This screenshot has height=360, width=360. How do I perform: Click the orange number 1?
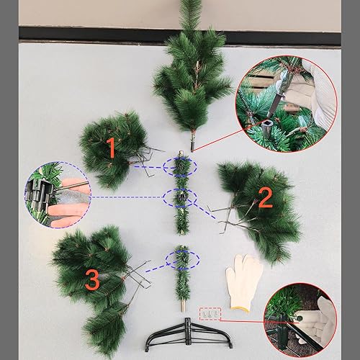112,148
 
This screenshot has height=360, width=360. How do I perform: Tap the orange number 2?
266,198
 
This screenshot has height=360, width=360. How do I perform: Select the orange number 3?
92,279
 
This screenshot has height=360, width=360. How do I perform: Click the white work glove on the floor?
244,283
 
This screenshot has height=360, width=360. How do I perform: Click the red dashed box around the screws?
210,314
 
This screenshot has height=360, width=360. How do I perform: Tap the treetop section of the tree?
192,72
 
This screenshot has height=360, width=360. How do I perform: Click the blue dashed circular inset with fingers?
58,194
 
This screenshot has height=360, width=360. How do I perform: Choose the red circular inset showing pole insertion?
286,104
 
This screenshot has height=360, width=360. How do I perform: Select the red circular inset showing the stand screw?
300,318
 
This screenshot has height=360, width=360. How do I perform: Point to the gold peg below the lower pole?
183,306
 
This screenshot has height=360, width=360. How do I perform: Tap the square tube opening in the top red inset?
266,124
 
